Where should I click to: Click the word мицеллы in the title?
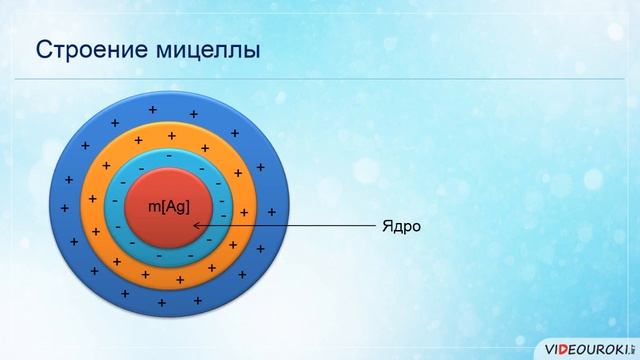[x=209, y=49]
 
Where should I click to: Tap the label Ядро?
[x=400, y=226]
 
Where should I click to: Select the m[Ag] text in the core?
[x=167, y=207]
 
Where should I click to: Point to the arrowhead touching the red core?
[x=196, y=226]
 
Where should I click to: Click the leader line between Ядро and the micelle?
[x=300, y=226]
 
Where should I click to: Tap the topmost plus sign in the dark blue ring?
[x=152, y=108]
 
